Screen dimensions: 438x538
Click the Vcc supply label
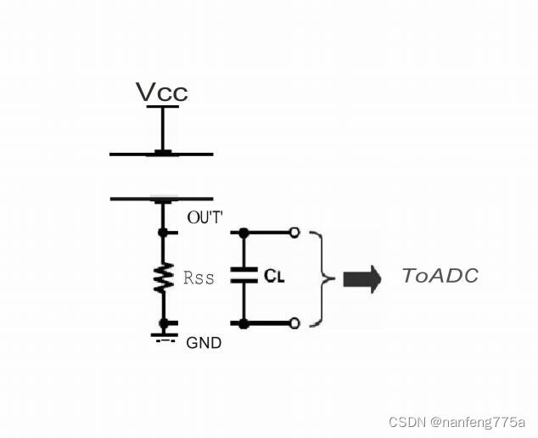tap(161, 92)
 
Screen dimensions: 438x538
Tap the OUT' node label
tap(205, 219)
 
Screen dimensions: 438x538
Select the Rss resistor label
tap(199, 278)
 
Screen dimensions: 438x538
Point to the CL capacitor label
tap(273, 276)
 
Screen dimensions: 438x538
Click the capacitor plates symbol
tap(244, 277)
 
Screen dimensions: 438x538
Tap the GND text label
tap(204, 343)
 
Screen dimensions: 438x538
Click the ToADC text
tap(440, 276)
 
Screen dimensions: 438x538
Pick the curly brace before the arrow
tap(318, 278)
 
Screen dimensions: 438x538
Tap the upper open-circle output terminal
tap(294, 232)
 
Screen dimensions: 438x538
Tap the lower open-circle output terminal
tap(294, 323)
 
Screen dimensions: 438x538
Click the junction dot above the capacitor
tap(244, 232)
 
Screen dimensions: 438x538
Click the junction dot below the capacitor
tap(244, 323)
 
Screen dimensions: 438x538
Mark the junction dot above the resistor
tap(162, 232)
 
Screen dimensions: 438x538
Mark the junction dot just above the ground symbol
tap(162, 323)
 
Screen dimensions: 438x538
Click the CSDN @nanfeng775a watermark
tap(457, 422)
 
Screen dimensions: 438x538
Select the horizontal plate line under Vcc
tap(161, 154)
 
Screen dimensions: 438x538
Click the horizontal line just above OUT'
tap(161, 199)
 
